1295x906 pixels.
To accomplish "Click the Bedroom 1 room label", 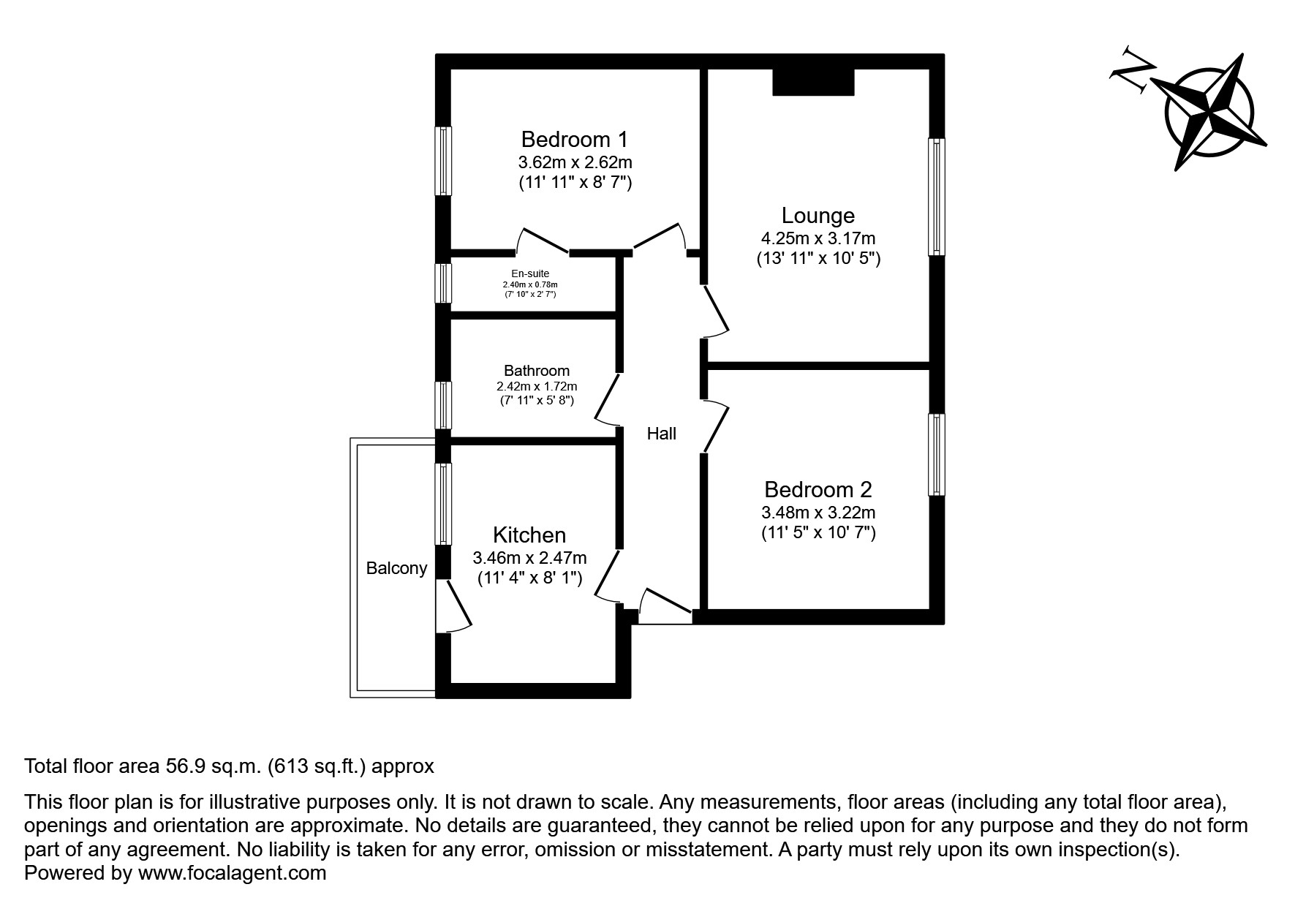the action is click(574, 139).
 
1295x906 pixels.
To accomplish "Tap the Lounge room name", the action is click(818, 216).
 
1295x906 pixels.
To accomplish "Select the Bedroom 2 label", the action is click(818, 489).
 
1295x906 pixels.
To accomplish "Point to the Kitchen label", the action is click(529, 535).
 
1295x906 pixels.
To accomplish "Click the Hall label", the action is click(661, 434).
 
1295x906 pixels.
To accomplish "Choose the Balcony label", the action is click(396, 568).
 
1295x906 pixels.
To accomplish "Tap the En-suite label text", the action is click(530, 274).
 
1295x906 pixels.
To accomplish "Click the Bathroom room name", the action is click(536, 371).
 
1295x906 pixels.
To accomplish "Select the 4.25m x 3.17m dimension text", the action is click(818, 238).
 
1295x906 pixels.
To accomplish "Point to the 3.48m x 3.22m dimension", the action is click(818, 513).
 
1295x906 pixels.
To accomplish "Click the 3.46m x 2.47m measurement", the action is click(529, 558).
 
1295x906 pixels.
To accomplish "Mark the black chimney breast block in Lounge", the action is click(813, 82).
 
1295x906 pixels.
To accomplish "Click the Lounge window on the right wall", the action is click(936, 197).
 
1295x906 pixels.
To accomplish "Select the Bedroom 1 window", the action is click(443, 161).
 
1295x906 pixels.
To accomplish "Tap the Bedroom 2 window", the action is click(936, 454).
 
